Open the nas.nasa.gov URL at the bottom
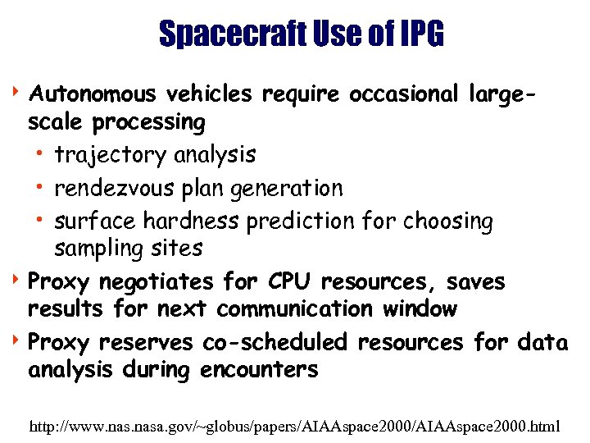(295, 427)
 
